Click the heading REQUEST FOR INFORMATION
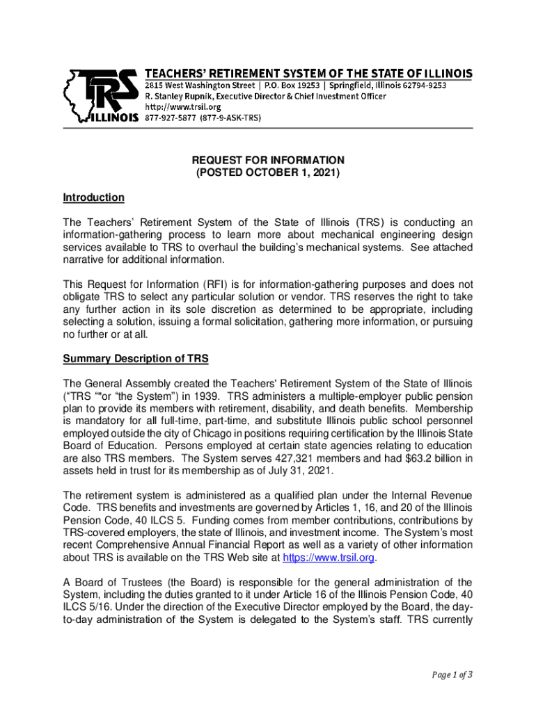coord(268,159)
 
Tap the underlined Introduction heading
coord(93,197)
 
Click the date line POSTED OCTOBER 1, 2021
coord(268,172)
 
